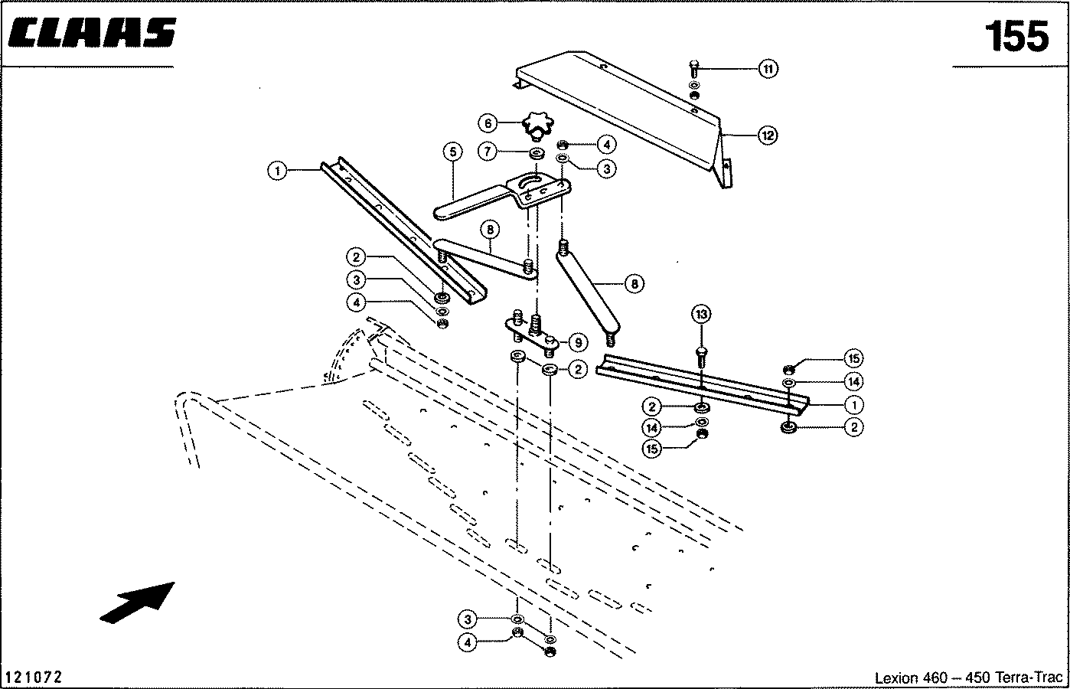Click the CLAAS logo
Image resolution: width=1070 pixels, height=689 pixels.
[x=92, y=33]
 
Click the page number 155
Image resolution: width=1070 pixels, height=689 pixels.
[x=1016, y=37]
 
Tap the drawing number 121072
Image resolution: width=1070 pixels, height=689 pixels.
[x=34, y=677]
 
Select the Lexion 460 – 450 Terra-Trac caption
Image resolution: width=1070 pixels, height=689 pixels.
[x=968, y=678]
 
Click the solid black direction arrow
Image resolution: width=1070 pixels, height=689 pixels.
[x=138, y=602]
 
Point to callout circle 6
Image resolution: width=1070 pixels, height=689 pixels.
[x=488, y=124]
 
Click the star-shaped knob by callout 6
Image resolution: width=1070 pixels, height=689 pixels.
[x=538, y=126]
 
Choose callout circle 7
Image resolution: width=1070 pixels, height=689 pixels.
[x=488, y=152]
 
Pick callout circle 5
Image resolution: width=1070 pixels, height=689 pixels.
[x=453, y=152]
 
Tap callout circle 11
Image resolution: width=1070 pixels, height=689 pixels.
[x=768, y=69]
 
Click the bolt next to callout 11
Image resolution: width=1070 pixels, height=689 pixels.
[x=694, y=69]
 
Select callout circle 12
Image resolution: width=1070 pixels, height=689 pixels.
[x=768, y=136]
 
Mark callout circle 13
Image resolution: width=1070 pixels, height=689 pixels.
[x=701, y=314]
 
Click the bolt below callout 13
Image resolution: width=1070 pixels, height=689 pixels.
[x=701, y=358]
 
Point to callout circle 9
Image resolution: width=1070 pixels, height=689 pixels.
[x=579, y=343]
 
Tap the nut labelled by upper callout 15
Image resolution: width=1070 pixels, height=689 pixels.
[x=789, y=369]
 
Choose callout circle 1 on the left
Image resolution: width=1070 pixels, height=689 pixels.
[x=278, y=171]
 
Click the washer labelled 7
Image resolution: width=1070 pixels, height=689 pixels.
[x=537, y=155]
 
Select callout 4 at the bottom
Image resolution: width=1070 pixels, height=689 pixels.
[x=467, y=642]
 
